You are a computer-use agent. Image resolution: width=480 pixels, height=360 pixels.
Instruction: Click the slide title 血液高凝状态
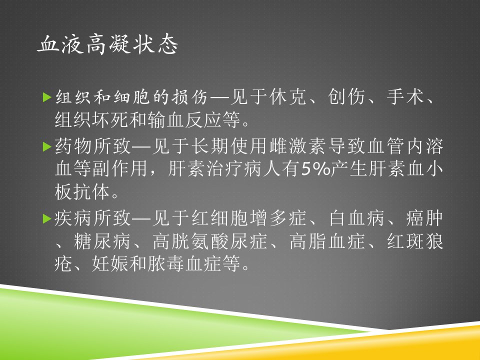[107, 44]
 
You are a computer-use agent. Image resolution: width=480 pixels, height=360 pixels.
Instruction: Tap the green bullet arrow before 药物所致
[47, 146]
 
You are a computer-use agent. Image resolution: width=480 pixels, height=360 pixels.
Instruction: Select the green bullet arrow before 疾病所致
[47, 218]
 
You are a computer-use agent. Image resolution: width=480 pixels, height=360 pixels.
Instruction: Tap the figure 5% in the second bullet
[316, 169]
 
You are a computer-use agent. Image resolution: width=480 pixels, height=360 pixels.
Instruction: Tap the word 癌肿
[424, 218]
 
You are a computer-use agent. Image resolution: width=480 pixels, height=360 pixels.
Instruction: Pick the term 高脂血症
[327, 241]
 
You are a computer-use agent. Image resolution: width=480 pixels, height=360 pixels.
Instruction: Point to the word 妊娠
[110, 263]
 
